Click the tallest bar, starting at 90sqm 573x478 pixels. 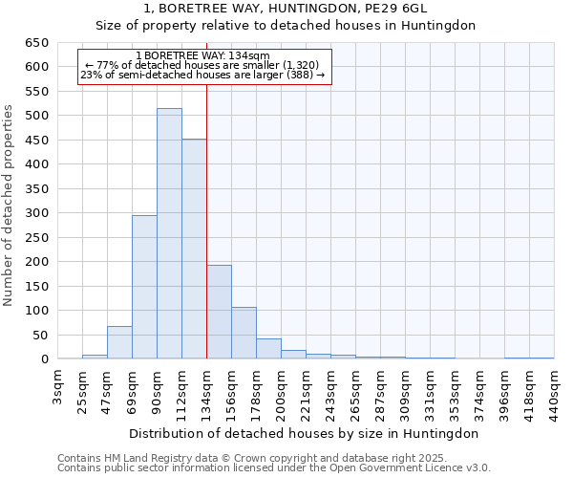click(169, 234)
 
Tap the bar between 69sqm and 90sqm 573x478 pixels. click(144, 287)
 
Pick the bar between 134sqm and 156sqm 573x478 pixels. click(219, 312)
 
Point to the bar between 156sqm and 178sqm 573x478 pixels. click(244, 333)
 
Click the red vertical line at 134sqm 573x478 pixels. click(206, 220)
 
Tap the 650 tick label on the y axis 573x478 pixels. click(37, 43)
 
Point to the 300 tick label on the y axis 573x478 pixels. click(37, 213)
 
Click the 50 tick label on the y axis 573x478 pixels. click(40, 335)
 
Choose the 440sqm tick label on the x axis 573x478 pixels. click(555, 391)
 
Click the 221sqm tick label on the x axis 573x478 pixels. click(307, 391)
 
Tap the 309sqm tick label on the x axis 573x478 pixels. click(406, 391)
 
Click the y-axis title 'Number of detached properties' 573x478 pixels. click(10, 206)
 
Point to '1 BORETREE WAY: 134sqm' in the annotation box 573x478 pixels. click(202, 55)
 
